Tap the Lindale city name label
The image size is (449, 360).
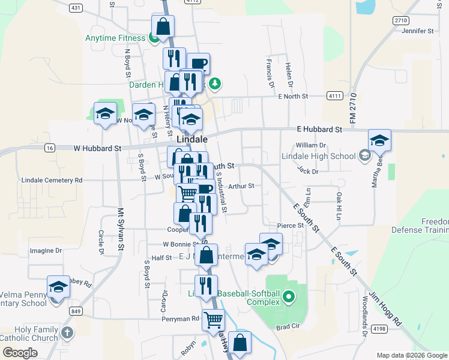click(x=192, y=139)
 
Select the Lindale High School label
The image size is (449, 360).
click(x=319, y=157)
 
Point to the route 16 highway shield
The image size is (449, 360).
click(x=50, y=148)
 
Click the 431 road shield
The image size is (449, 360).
click(x=76, y=8)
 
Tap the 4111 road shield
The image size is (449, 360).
click(x=335, y=96)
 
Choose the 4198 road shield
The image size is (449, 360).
click(x=379, y=329)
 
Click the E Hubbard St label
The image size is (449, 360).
click(x=319, y=129)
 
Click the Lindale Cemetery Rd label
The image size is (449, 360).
click(x=52, y=180)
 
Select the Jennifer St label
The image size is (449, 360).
click(x=418, y=31)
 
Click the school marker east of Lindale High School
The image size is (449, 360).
click(x=379, y=141)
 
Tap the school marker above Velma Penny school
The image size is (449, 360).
click(x=59, y=287)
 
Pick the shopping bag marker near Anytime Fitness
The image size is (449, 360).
click(x=163, y=26)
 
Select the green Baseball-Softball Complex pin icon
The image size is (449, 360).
click(x=288, y=296)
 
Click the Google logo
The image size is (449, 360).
click(x=20, y=353)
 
